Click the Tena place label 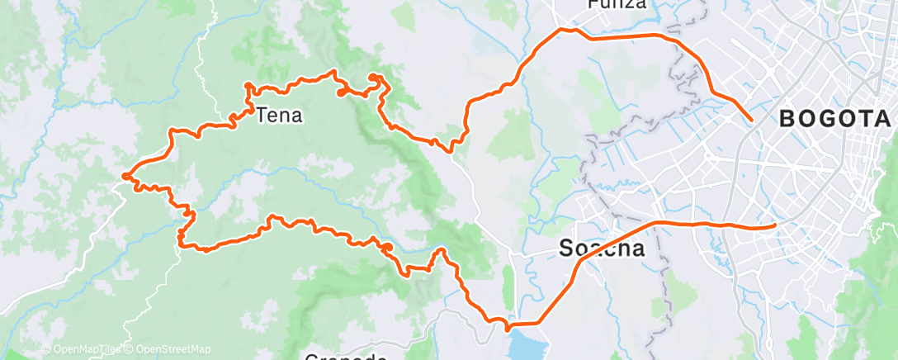click(x=280, y=116)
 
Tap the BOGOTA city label click(x=834, y=119)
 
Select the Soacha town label click(x=602, y=248)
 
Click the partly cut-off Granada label click(x=346, y=357)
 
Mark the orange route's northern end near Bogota click(x=751, y=121)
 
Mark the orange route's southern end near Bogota click(x=774, y=224)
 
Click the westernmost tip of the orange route click(x=124, y=175)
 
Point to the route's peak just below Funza click(x=566, y=30)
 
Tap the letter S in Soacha click(x=567, y=248)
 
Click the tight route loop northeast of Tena click(x=375, y=79)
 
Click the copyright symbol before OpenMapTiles click(x=46, y=350)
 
